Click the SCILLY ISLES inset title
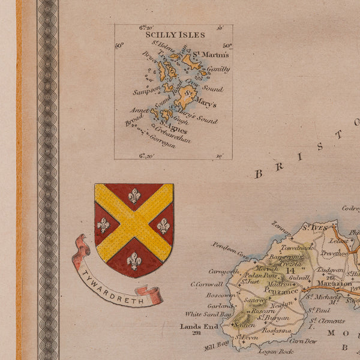(175, 35)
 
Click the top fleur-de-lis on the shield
(134, 196)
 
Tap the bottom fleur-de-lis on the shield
(134, 260)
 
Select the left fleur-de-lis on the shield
(103, 225)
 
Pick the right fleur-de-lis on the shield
(163, 226)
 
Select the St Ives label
(314, 227)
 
